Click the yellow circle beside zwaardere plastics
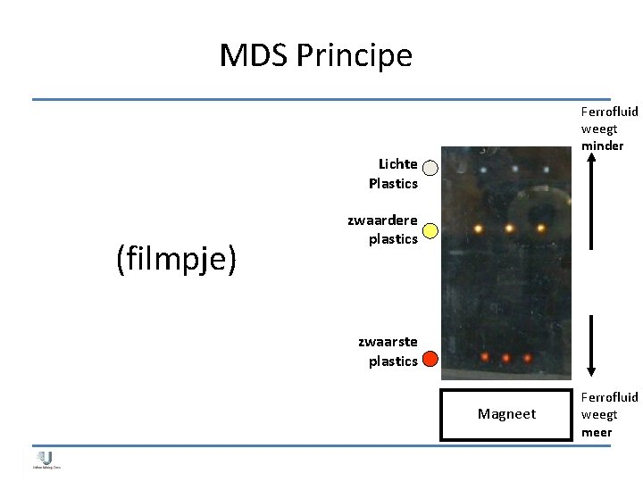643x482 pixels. coord(430,231)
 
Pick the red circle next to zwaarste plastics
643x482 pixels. coord(430,359)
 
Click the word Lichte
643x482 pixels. coord(397,164)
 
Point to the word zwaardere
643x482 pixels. coord(382,220)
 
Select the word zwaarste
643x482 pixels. coord(388,342)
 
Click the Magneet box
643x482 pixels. coord(506,414)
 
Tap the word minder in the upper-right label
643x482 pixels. coord(602,145)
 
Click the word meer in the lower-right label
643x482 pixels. coord(597,432)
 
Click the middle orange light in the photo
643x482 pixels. coord(509,228)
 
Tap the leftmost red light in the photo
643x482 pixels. coord(484,357)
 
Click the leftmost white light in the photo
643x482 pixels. coord(483,170)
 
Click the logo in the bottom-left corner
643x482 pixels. coord(46,460)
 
